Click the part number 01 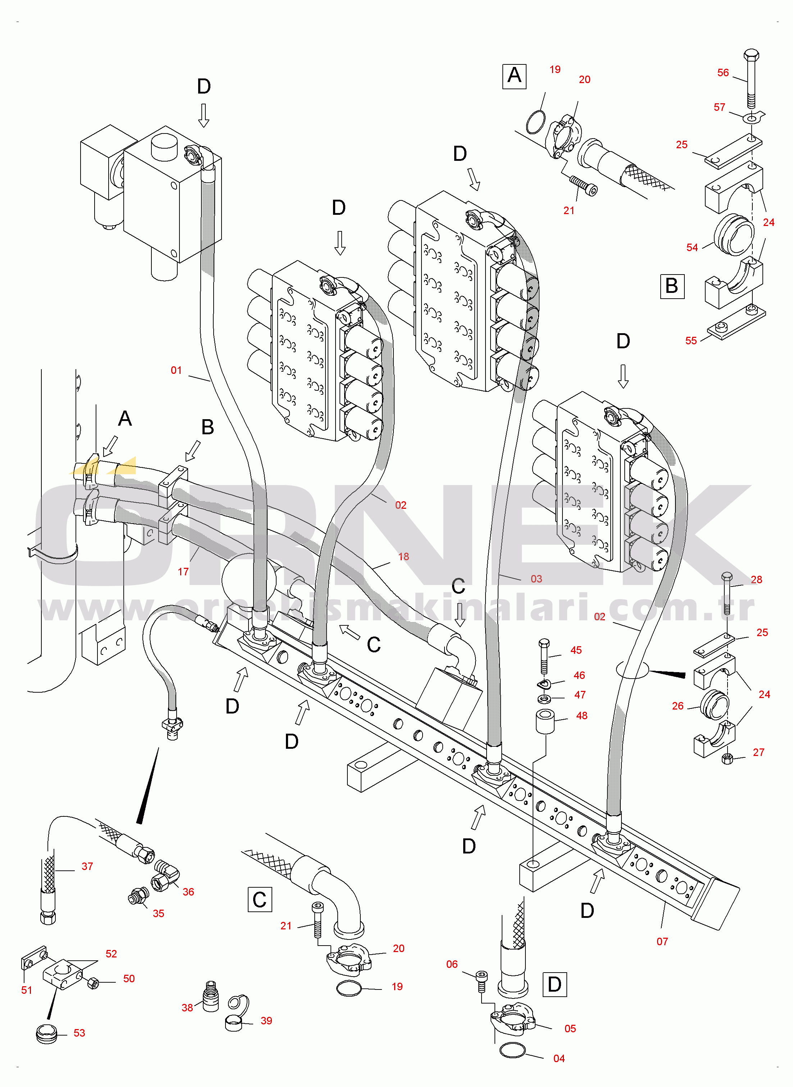click(x=176, y=370)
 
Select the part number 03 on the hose click(x=536, y=579)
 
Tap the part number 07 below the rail click(x=662, y=942)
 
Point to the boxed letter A click(x=514, y=76)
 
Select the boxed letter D click(x=555, y=984)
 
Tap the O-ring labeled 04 click(x=512, y=1051)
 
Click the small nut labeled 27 click(x=727, y=758)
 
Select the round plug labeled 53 click(x=46, y=1033)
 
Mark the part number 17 click(x=183, y=571)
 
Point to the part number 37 click(x=87, y=866)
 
